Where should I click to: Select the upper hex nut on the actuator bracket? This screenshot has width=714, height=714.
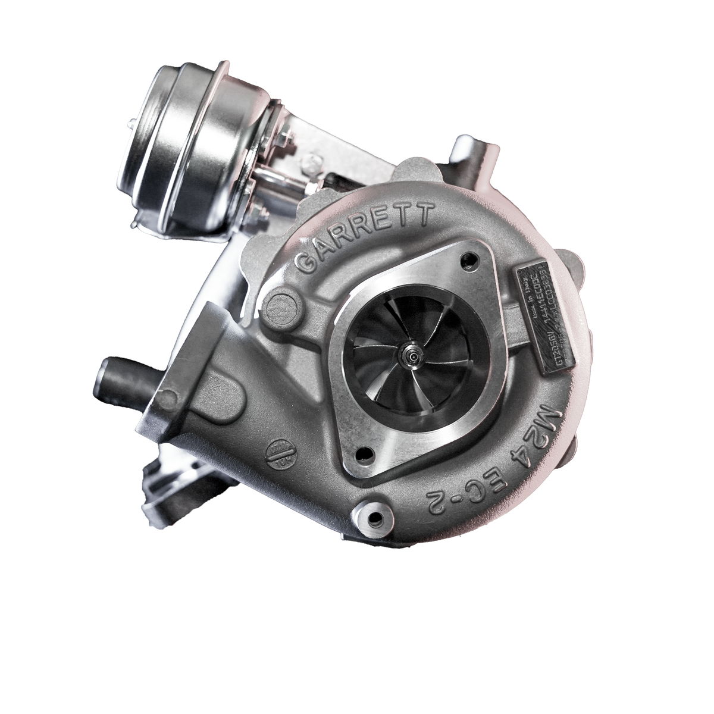click(283, 146)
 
